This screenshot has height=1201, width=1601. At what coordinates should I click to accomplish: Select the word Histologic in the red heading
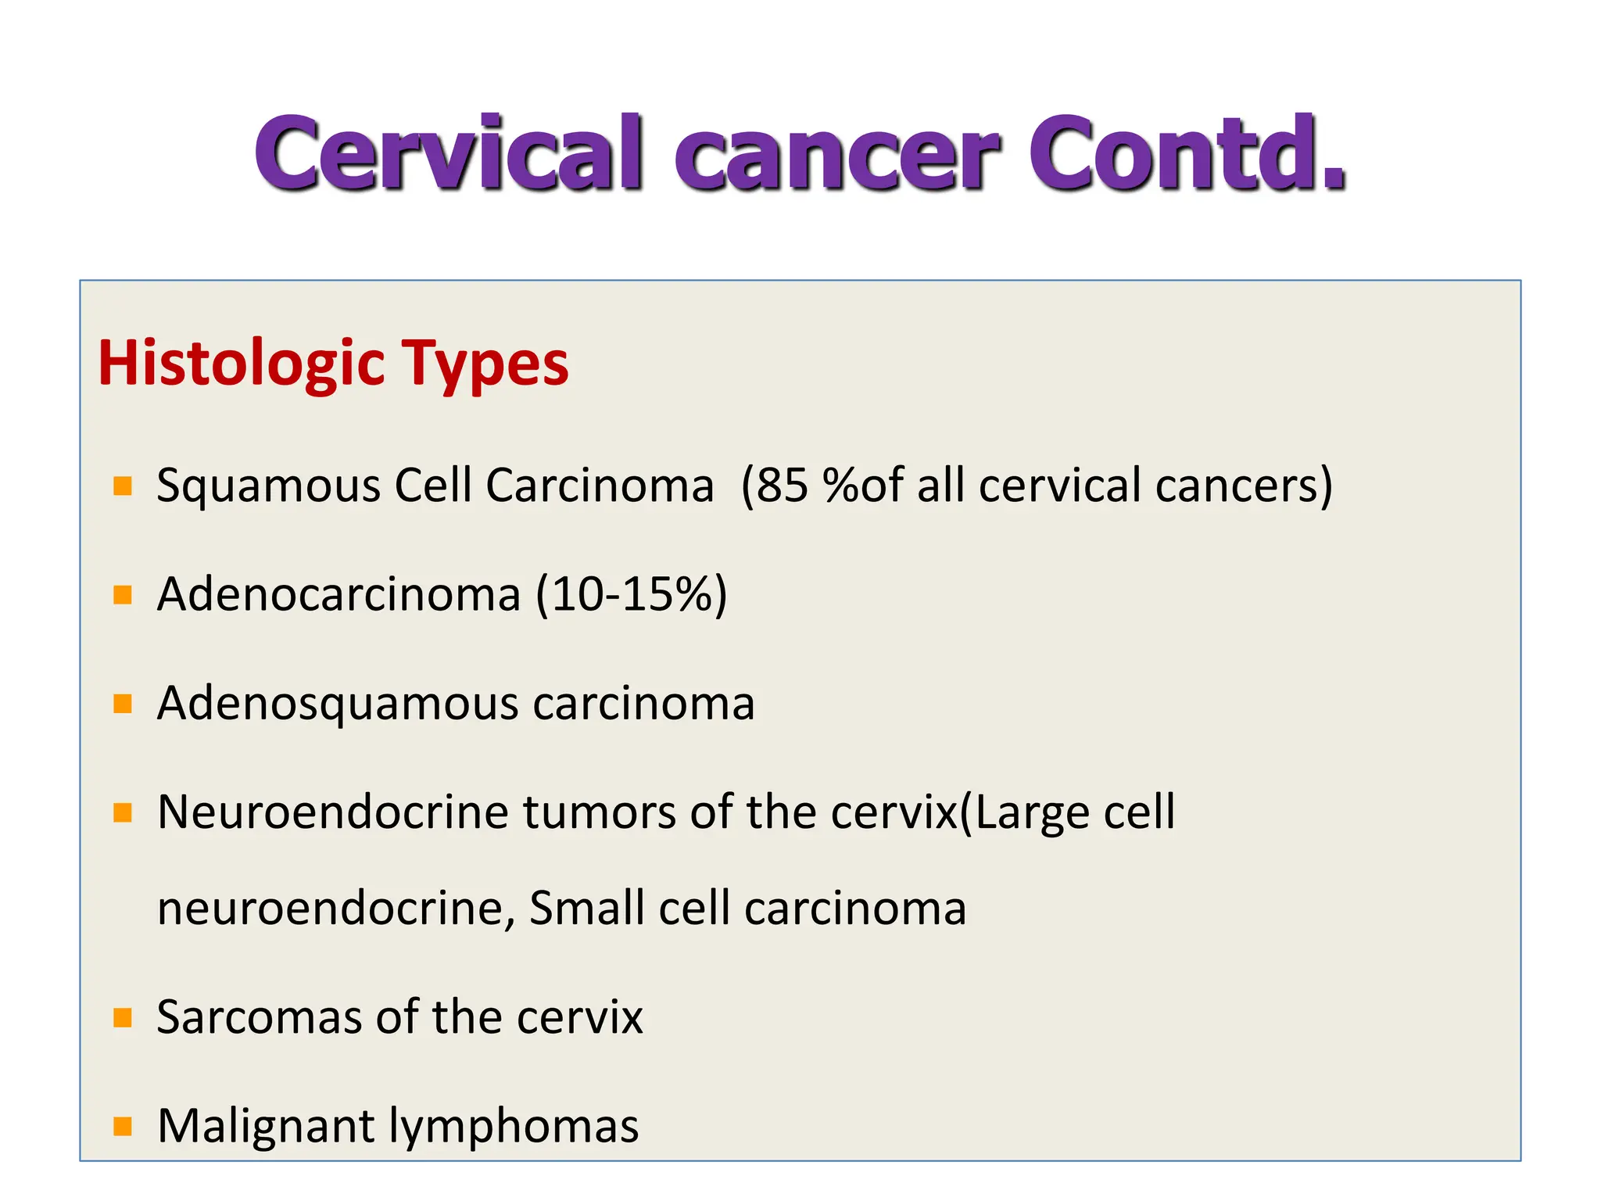tap(242, 364)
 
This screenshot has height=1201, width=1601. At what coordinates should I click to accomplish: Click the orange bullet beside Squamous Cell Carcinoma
tap(123, 486)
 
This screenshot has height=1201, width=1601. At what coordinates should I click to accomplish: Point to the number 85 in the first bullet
tap(782, 486)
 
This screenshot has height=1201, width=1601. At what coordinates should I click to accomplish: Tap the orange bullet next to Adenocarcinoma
tap(123, 595)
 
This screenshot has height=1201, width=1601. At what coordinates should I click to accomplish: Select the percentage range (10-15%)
tap(632, 594)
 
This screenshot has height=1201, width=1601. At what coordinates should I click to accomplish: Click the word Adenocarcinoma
tap(338, 594)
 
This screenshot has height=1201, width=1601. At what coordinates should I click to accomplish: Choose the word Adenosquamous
tap(338, 704)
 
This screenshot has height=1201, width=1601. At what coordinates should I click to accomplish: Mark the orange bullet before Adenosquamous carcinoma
tap(123, 704)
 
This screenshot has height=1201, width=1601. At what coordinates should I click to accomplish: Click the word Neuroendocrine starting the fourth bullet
tap(333, 812)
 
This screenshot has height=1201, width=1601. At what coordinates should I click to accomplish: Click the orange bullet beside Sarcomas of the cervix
tap(123, 1018)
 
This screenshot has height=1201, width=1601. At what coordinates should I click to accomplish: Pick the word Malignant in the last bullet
tap(266, 1127)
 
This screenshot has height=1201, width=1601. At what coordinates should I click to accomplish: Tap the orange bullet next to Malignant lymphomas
tap(123, 1127)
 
